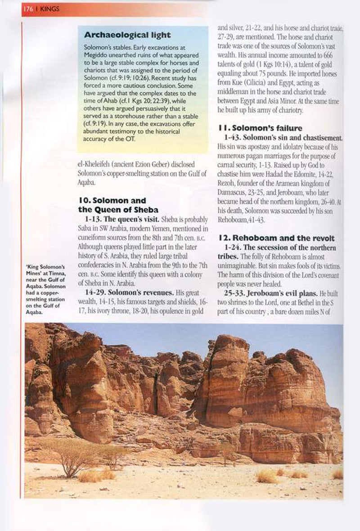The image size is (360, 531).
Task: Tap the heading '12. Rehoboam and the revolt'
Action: (x=278, y=238)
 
